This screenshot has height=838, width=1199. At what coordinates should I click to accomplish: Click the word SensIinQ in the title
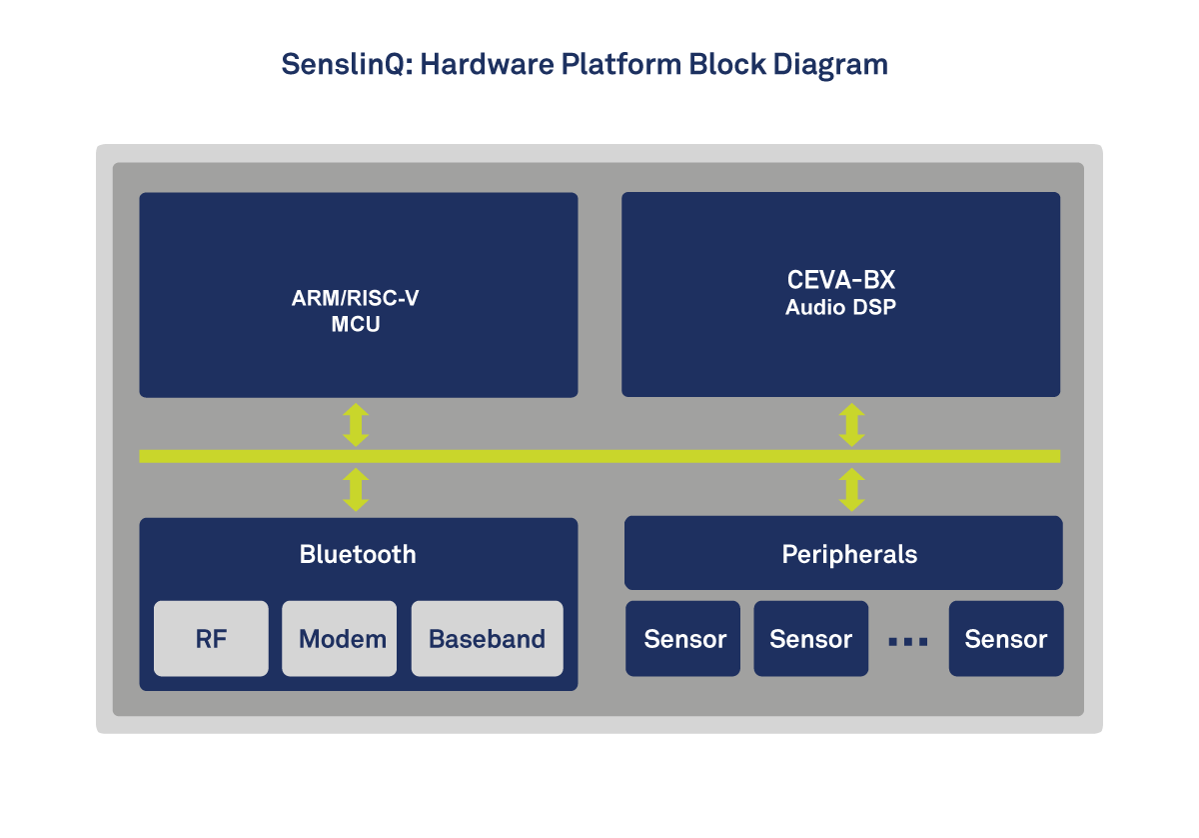[346, 65]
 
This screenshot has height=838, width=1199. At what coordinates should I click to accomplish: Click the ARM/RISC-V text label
[356, 299]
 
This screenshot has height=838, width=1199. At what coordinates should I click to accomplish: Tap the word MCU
[356, 325]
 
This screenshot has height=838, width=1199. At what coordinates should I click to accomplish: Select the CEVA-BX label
[840, 281]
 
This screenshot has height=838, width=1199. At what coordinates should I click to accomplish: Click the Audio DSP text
[840, 308]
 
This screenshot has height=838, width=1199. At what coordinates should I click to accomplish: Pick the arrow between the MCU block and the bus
[356, 425]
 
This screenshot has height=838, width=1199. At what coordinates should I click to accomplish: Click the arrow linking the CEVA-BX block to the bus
[851, 425]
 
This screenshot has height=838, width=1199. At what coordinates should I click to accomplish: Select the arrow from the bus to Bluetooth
[356, 490]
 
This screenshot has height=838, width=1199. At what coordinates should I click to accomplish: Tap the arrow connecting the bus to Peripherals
[851, 490]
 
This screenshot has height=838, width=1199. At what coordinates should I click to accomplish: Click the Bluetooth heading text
[358, 554]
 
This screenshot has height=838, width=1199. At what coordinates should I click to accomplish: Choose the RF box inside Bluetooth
[211, 639]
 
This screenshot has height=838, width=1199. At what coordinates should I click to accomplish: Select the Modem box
[340, 639]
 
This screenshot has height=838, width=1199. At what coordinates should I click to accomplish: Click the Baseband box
[487, 639]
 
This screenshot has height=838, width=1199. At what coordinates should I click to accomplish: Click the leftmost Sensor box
[683, 639]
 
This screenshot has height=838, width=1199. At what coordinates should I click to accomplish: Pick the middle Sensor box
[810, 639]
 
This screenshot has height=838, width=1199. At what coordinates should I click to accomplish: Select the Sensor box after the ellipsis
[1005, 639]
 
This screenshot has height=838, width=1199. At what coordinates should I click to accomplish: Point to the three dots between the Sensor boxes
[908, 642]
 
